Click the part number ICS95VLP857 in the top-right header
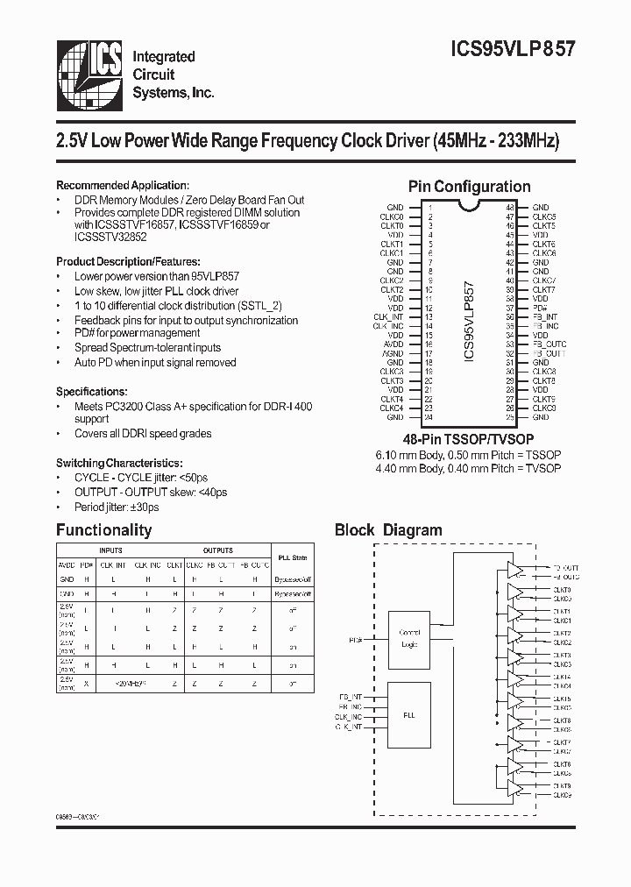(512, 50)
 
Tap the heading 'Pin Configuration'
(469, 187)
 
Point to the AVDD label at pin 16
(393, 344)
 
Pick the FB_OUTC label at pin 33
(549, 344)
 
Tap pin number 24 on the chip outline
(429, 417)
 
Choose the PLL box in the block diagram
(410, 715)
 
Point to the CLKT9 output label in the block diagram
(562, 784)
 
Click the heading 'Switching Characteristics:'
(119, 462)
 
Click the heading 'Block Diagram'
(388, 530)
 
